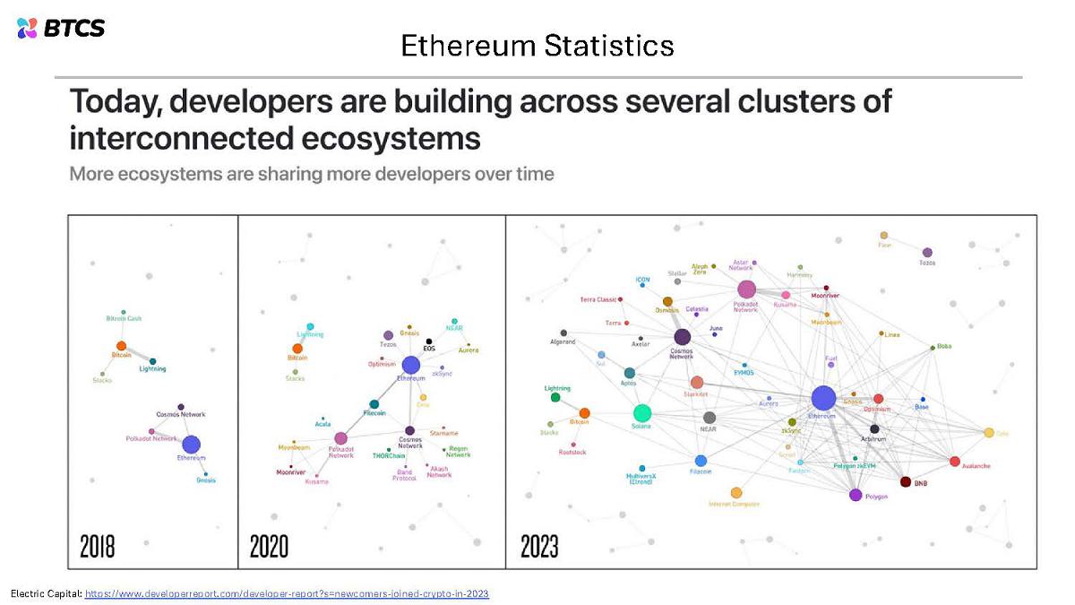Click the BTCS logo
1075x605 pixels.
(61, 28)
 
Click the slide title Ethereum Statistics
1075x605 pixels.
(537, 45)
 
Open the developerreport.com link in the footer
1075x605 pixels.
(287, 594)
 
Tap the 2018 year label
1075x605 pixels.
(97, 547)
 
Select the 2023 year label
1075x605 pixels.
(539, 547)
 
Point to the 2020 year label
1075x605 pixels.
(269, 547)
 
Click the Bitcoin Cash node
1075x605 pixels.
(124, 312)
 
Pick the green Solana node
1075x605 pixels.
(641, 413)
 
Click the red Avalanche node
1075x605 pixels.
(954, 462)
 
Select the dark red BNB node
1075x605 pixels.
(905, 482)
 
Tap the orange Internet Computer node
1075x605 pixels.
(736, 492)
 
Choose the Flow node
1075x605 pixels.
(883, 236)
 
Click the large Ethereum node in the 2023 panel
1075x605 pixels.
(822, 399)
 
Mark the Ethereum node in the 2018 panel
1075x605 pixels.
(191, 445)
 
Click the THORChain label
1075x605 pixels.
(389, 455)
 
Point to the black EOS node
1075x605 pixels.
(429, 341)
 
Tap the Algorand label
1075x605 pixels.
(563, 341)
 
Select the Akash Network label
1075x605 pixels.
(439, 471)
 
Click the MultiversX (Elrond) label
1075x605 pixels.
(641, 479)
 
